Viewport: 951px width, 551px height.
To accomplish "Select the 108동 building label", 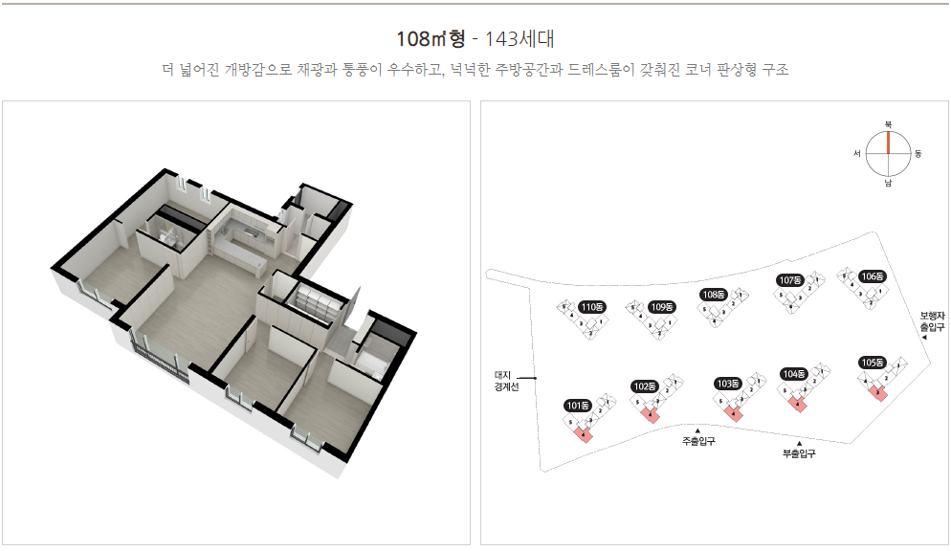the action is click(x=714, y=295).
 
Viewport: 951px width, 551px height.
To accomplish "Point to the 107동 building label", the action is click(x=789, y=280).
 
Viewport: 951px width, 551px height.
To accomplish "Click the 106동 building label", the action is click(x=872, y=276).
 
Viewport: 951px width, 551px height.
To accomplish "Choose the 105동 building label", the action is click(x=872, y=363).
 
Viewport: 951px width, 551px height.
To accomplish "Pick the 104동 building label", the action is click(x=794, y=373).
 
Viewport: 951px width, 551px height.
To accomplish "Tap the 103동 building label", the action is click(x=727, y=384).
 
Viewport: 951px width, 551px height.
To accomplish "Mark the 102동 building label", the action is click(x=645, y=386).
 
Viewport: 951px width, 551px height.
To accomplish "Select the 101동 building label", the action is click(x=577, y=406).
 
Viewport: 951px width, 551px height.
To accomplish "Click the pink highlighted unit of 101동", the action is click(x=585, y=435).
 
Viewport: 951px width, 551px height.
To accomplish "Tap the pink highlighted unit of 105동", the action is click(x=878, y=393).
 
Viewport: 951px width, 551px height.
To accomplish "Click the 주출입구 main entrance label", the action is click(x=698, y=442).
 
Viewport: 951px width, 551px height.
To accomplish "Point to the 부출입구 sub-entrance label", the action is click(x=799, y=453).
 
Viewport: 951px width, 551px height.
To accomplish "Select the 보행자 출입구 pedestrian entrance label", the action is click(x=932, y=321).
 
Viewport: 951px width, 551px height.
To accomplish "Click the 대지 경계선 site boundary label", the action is click(x=504, y=382).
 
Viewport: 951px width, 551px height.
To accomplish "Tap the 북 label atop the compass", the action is click(x=888, y=124).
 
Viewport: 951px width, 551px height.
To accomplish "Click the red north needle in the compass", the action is click(x=888, y=143).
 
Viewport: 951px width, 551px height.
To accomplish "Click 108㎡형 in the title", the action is click(x=431, y=40).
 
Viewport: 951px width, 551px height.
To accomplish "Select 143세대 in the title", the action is click(x=520, y=40).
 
